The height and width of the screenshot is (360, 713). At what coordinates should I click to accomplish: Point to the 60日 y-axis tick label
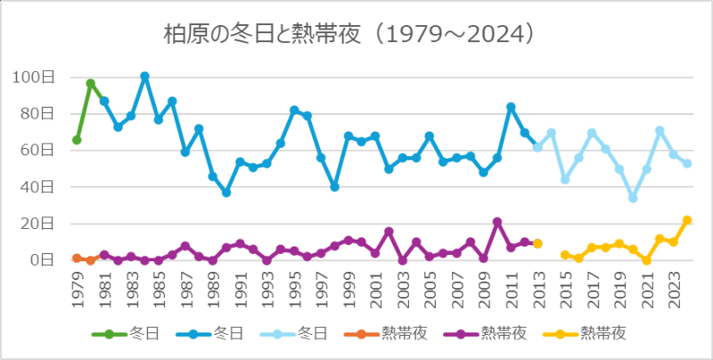click(38, 150)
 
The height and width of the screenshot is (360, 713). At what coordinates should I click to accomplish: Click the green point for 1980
click(91, 83)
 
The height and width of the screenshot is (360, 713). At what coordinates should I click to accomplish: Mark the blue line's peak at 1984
click(144, 77)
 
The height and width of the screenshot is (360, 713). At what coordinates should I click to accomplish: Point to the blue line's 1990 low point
click(226, 192)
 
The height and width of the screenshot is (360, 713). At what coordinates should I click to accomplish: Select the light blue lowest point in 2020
click(633, 198)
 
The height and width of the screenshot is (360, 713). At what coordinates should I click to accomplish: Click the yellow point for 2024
click(687, 220)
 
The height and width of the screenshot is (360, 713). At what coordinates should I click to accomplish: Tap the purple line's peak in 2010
click(497, 222)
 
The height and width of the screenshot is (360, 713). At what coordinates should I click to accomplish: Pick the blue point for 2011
click(511, 107)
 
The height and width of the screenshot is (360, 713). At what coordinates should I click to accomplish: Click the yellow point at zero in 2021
click(647, 260)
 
